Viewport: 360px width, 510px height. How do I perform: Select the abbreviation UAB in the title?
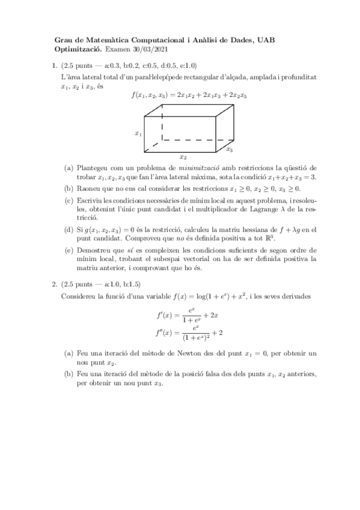(x=263, y=40)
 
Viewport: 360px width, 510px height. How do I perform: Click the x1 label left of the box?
(x=138, y=134)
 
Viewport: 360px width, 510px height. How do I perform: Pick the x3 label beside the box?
(x=230, y=148)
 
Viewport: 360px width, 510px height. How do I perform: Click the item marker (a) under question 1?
(x=69, y=168)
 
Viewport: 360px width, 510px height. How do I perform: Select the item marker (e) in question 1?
(x=69, y=247)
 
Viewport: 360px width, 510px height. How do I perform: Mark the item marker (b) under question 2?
(x=69, y=373)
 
